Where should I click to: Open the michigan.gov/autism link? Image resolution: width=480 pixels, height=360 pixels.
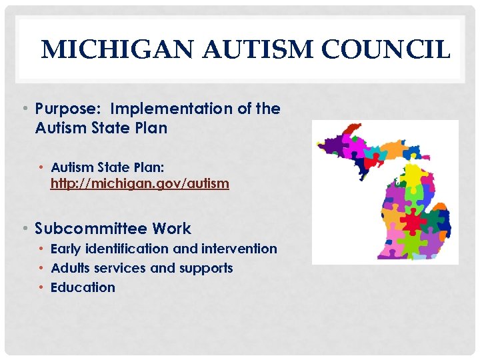pos(140,183)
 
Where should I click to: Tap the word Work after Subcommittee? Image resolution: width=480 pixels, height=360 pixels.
pos(171,229)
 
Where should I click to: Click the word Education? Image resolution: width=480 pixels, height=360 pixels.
pos(83,287)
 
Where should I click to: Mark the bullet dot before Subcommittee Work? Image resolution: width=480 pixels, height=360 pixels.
pos(24,229)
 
